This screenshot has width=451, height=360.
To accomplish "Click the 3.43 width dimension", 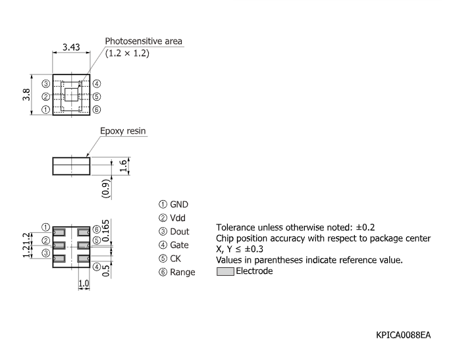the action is point(71,47).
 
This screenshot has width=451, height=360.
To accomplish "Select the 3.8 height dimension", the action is point(26,95).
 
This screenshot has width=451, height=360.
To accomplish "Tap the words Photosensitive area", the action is point(144,41).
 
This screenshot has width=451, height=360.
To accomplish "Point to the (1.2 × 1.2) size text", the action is point(127,53).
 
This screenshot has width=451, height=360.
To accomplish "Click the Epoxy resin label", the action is point(123,131).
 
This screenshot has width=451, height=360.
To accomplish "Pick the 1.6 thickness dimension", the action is point(123,166).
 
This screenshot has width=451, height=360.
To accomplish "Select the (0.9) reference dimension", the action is point(106,189).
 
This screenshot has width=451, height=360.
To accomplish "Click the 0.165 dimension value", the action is point(106,230).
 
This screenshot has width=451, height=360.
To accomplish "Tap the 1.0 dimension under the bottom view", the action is point(84,284).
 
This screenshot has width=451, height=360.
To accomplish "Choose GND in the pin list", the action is point(179,205).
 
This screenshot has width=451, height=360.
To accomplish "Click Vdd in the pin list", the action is point(178,218).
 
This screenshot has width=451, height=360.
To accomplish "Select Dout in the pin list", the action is point(180,232).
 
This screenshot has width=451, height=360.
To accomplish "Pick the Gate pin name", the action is point(179,245).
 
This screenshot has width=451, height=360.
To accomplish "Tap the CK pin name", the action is point(175,259).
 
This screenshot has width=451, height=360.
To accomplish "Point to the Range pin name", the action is point(182,272).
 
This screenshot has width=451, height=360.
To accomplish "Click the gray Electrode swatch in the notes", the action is point(225,271).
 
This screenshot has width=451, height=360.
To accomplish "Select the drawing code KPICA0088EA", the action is point(403,335).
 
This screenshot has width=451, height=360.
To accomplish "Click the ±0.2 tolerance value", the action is point(365,228).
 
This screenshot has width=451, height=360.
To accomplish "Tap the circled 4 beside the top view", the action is point(97,84).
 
